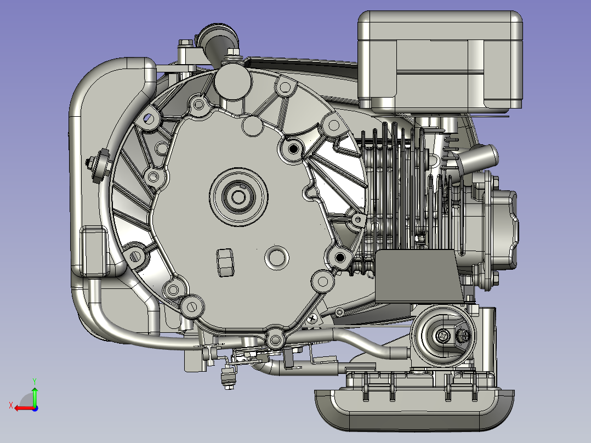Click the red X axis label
[x=11, y=406]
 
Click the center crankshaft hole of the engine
[x=238, y=197]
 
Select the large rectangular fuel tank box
[x=440, y=62]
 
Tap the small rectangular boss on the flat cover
[x=225, y=263]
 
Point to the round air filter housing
[x=444, y=336]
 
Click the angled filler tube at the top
[x=217, y=46]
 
